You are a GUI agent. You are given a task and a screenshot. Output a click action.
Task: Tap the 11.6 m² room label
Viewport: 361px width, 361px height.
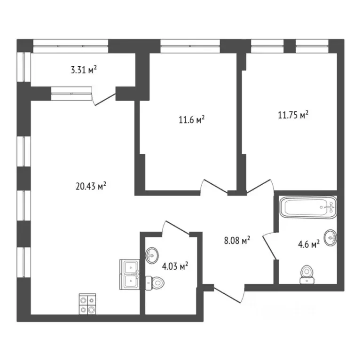[191, 120]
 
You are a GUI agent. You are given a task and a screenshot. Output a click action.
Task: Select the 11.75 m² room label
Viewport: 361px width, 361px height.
[293, 115]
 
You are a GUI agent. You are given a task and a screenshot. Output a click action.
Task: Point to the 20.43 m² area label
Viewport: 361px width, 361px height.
[91, 186]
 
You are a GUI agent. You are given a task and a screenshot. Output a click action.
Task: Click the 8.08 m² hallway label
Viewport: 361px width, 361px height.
[236, 241]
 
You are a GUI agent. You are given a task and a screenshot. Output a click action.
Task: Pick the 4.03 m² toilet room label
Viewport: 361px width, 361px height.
[175, 267]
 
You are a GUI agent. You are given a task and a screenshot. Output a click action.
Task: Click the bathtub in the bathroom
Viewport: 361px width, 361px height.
[308, 207]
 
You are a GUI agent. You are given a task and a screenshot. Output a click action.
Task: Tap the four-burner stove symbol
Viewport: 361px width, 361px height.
[87, 303]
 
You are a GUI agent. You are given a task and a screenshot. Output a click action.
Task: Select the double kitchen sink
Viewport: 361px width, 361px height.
[129, 274]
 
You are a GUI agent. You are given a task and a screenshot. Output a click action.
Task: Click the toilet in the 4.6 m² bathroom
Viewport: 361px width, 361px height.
[306, 275]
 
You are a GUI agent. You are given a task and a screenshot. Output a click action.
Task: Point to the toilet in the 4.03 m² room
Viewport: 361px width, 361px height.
[155, 283]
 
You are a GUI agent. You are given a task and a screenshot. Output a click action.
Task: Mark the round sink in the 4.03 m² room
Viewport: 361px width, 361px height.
[152, 256]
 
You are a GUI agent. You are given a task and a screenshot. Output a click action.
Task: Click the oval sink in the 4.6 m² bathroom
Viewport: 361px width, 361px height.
[331, 237]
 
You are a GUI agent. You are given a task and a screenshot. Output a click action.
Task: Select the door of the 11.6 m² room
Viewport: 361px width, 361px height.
[214, 187]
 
